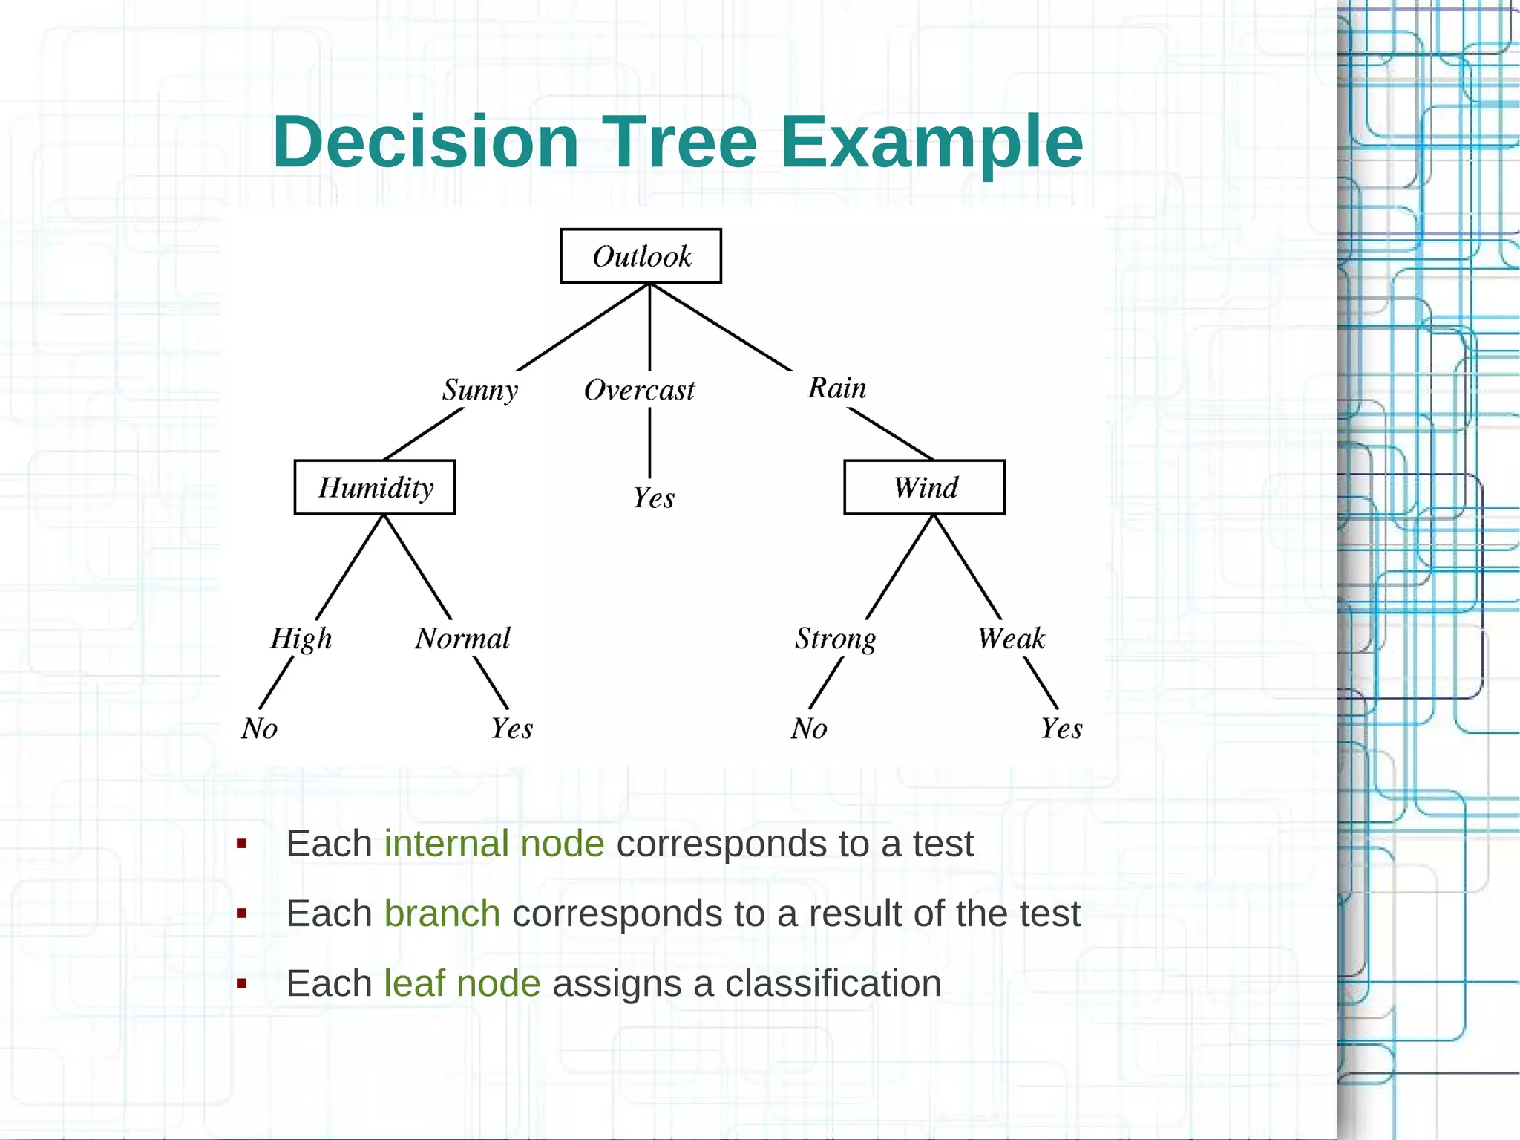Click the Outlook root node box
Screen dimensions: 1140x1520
pos(641,256)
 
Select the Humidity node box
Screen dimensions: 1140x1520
pos(375,487)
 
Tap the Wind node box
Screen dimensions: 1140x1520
pos(924,487)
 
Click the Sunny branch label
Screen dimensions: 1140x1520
pos(479,390)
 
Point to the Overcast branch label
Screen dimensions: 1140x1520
pos(639,390)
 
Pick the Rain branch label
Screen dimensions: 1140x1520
pos(836,388)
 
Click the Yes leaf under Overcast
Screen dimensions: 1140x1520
pos(653,498)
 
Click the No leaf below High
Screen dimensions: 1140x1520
pos(259,729)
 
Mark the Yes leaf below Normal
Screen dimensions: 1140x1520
pos(511,729)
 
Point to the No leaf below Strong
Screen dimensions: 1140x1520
pos(808,729)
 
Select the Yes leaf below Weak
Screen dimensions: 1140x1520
pos(1061,729)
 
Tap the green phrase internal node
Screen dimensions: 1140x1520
pos(494,844)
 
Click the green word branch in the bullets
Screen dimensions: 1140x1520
pos(442,913)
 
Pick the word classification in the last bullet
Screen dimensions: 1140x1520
pos(833,983)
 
